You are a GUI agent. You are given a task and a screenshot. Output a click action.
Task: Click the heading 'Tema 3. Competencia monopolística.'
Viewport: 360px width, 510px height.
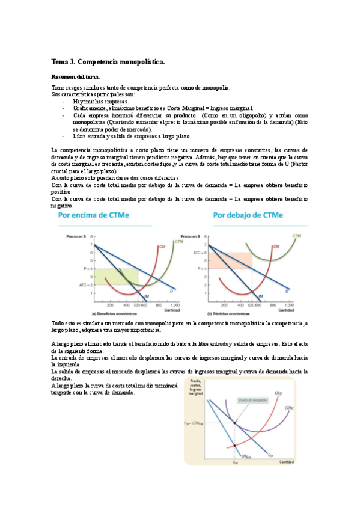tap(108, 62)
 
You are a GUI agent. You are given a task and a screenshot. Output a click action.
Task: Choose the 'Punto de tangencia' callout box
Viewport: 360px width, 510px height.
tap(252, 400)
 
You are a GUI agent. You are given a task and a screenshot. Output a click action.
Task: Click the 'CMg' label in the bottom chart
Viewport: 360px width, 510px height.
tap(279, 393)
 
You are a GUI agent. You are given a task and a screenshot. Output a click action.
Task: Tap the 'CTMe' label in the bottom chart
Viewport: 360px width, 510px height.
tap(289, 408)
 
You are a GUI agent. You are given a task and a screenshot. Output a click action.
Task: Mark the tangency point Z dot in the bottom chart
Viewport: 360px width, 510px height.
tap(235, 423)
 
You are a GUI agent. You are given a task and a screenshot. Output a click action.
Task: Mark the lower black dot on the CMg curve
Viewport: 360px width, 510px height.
tap(234, 446)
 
